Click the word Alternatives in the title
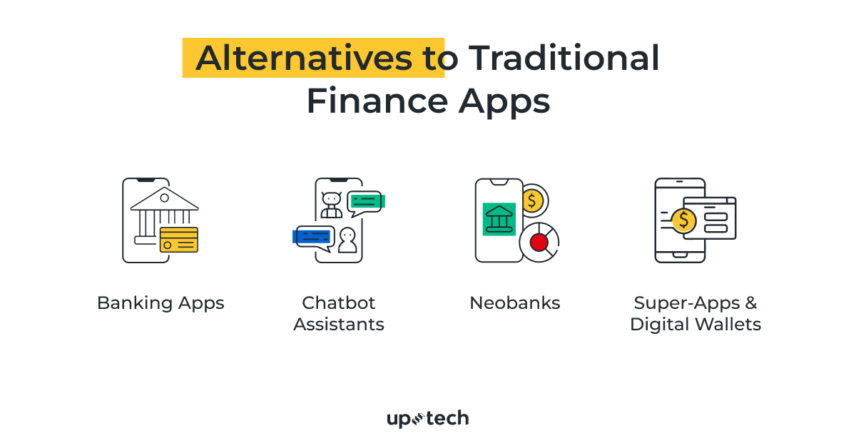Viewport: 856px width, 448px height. (304, 58)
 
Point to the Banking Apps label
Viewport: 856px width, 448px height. (160, 303)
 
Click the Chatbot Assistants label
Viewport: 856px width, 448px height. (339, 314)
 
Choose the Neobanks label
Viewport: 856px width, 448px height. (514, 303)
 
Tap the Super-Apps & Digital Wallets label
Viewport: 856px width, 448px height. (695, 314)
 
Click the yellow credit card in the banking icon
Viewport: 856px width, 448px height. (179, 240)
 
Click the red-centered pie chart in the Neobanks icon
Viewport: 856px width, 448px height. (539, 243)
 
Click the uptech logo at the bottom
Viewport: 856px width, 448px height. (428, 419)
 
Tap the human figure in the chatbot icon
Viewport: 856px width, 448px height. (347, 240)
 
